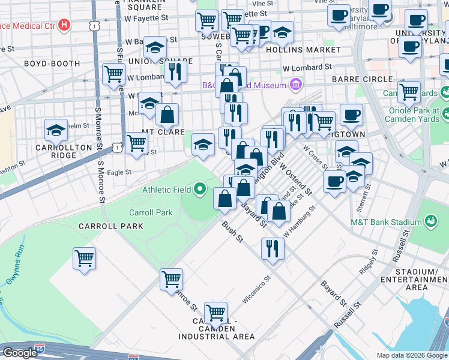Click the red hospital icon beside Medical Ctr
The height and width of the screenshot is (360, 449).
coord(65,26)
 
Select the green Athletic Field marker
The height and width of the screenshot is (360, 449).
coord(201,190)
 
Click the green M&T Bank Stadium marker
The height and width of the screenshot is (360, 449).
coord(430,222)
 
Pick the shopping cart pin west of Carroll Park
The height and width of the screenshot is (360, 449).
coord(84,259)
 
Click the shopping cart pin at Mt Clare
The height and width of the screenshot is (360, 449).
coord(137,143)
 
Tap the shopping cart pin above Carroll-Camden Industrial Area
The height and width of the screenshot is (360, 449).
coord(215,313)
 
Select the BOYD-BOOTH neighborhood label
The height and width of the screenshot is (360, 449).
coord(52,64)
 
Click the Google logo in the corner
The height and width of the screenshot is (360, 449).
coord(20,353)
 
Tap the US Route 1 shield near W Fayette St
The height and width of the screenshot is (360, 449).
coord(93,25)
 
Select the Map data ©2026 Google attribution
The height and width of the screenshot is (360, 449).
coord(411,355)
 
